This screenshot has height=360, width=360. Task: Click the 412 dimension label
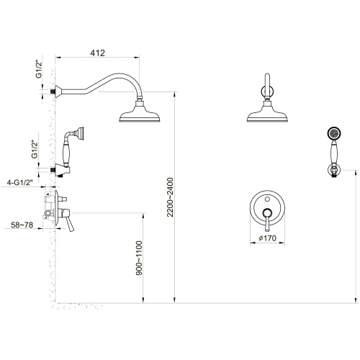click(x=97, y=53)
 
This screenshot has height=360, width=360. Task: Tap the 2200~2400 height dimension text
click(x=170, y=197)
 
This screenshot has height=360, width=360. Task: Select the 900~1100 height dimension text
click(x=139, y=258)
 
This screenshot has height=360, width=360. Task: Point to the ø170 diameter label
click(x=268, y=238)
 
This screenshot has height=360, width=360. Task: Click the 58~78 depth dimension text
click(x=22, y=225)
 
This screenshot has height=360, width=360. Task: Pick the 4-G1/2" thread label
click(x=19, y=183)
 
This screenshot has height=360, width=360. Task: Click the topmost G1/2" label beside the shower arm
click(x=39, y=70)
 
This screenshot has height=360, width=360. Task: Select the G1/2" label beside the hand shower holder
click(x=35, y=150)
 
